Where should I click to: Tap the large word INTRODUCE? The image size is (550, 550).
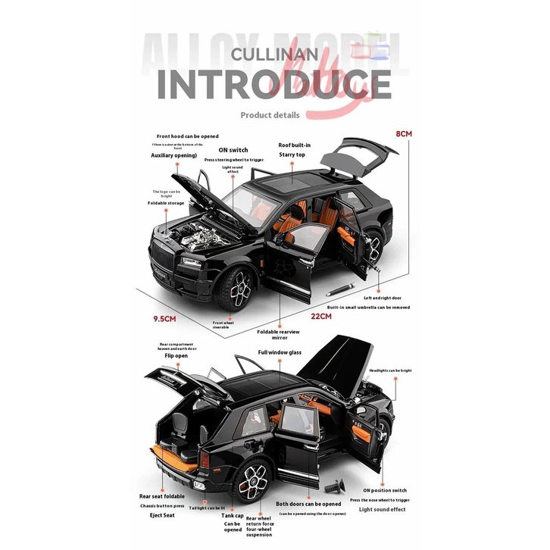[x=274, y=85]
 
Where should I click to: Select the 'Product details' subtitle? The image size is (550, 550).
[x=270, y=115]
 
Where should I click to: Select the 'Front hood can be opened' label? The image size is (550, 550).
[x=187, y=136]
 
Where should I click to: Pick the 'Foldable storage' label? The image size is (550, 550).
[x=166, y=203]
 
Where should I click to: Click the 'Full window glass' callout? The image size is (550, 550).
[x=280, y=352]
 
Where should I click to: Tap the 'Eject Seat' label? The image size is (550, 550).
[x=162, y=515]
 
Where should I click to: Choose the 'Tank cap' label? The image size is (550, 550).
[x=233, y=514]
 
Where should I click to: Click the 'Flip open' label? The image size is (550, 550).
[x=176, y=355]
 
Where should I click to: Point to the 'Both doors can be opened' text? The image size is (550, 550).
[x=308, y=504]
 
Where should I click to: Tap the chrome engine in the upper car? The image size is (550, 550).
[x=199, y=233]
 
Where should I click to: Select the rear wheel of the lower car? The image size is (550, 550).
[x=252, y=479]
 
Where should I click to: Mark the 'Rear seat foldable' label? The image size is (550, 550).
[x=161, y=495]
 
